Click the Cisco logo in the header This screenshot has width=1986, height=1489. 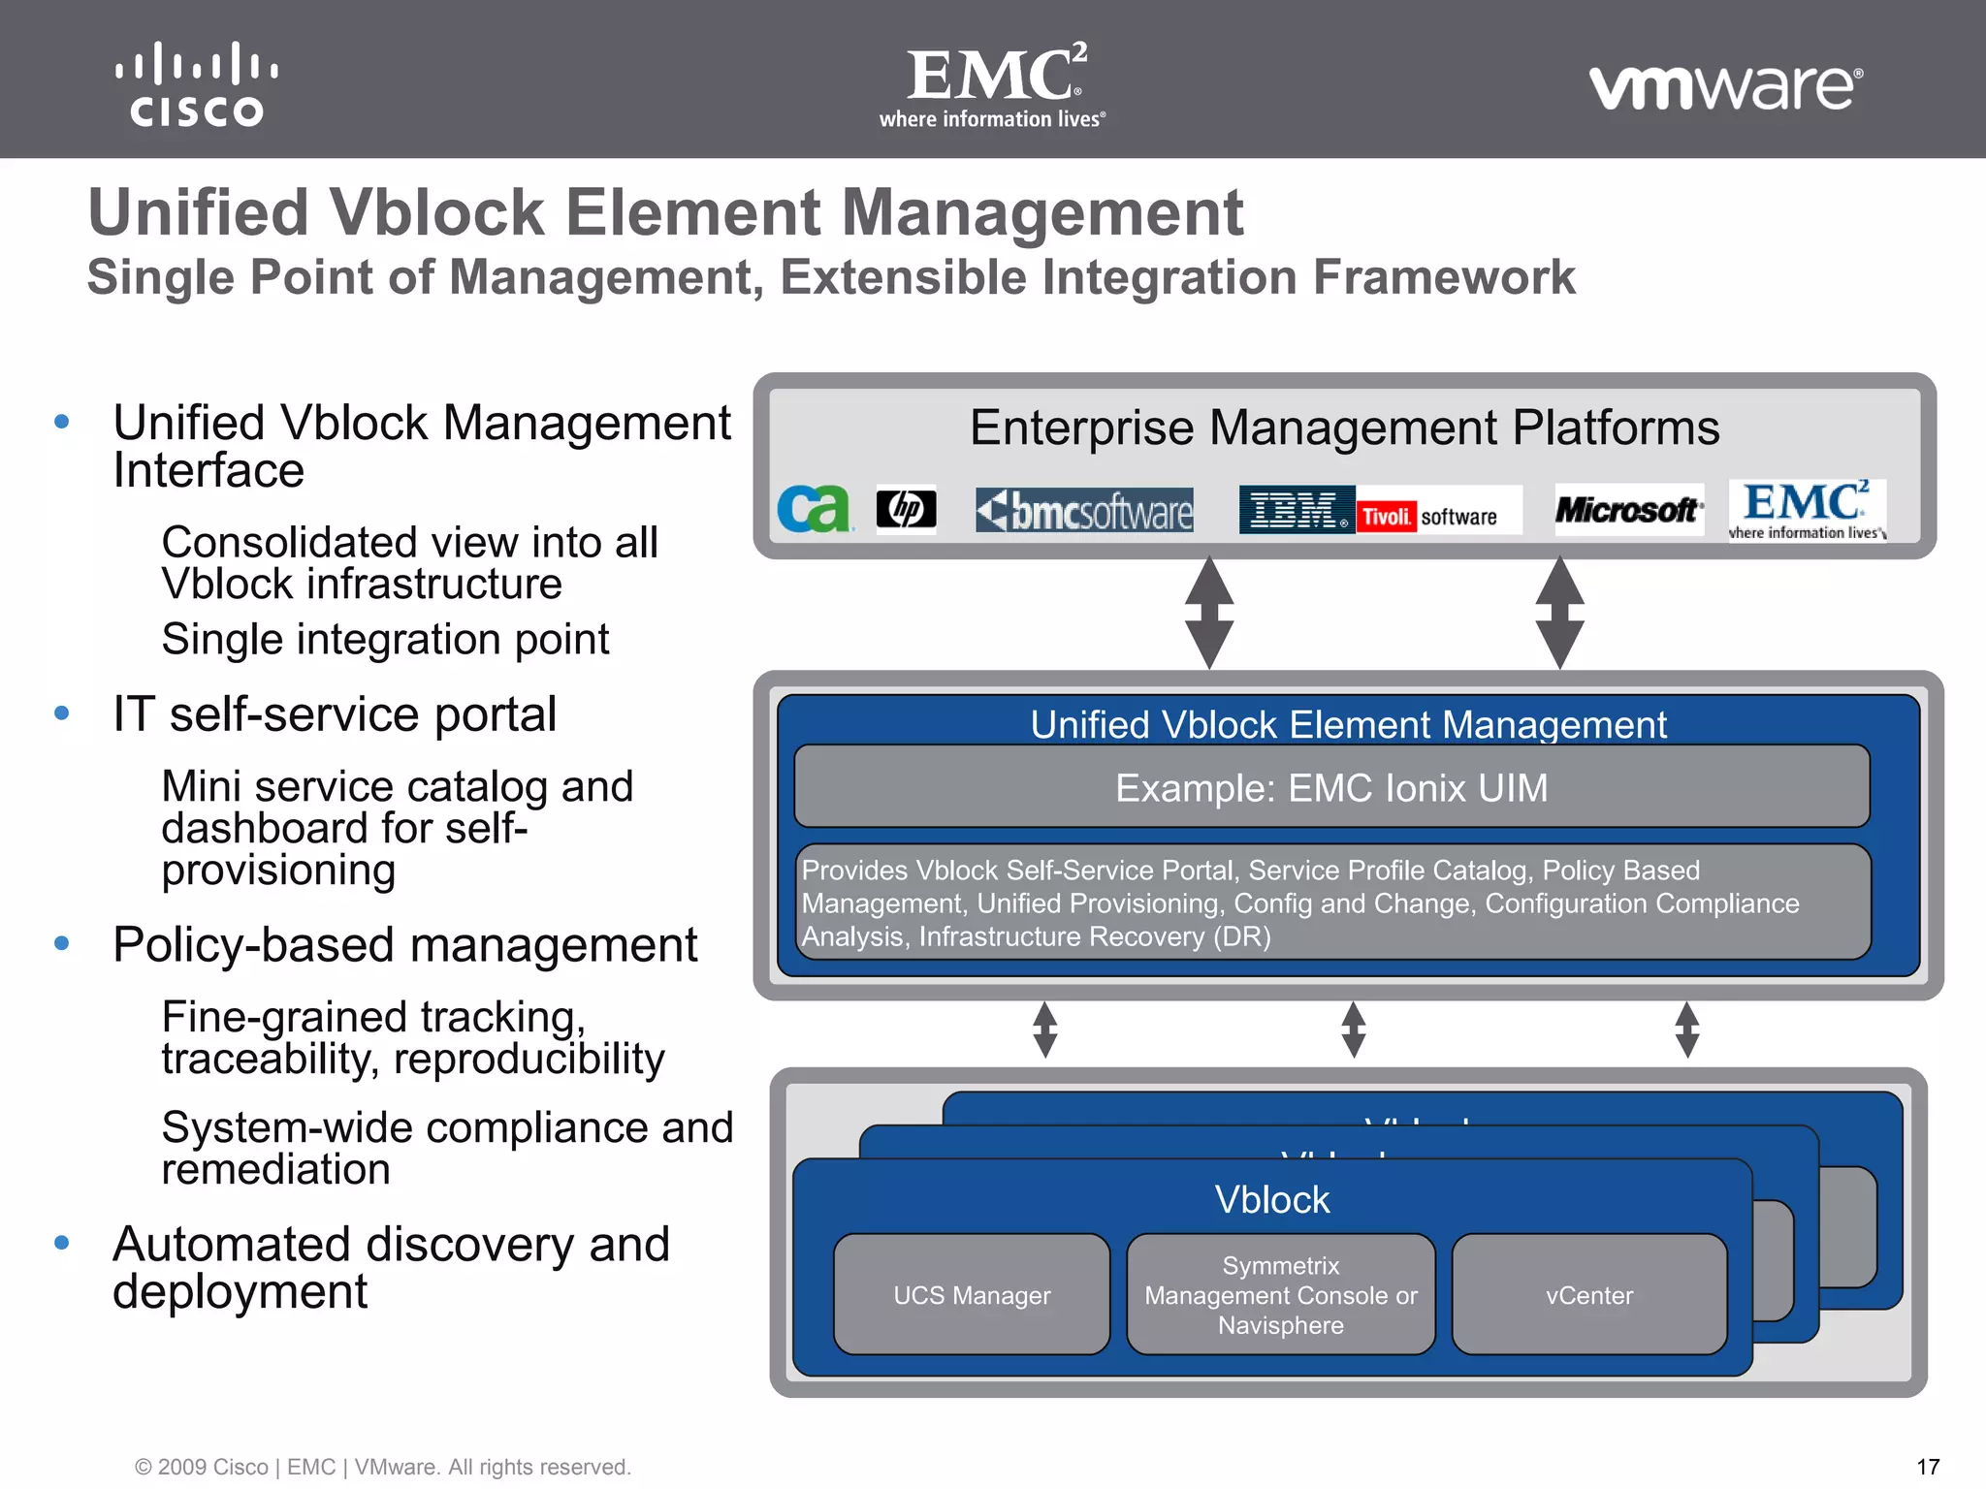(197, 84)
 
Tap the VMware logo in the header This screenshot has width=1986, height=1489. (1725, 87)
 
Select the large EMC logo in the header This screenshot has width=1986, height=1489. (994, 85)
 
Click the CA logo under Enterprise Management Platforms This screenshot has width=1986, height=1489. (814, 509)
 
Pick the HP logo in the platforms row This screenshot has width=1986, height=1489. (906, 509)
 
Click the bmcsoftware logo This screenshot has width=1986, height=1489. (1084, 510)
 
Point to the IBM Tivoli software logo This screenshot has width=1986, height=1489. (1380, 510)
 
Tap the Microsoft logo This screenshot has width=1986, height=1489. (1628, 509)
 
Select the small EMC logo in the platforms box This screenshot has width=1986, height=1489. (1807, 510)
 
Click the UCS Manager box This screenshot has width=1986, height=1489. (972, 1294)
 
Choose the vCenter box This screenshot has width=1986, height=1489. (1588, 1294)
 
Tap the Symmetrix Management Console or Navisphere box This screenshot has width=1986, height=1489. (1280, 1294)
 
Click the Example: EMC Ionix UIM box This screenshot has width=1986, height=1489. (1330, 787)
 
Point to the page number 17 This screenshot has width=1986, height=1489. (1928, 1467)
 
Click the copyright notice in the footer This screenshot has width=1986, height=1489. (383, 1467)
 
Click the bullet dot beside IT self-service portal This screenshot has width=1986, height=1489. (62, 713)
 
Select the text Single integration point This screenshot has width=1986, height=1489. (385, 640)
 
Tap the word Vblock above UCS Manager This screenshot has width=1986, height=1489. (1271, 1200)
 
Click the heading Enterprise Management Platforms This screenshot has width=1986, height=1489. (1344, 428)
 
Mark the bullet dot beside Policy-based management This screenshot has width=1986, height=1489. (62, 943)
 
